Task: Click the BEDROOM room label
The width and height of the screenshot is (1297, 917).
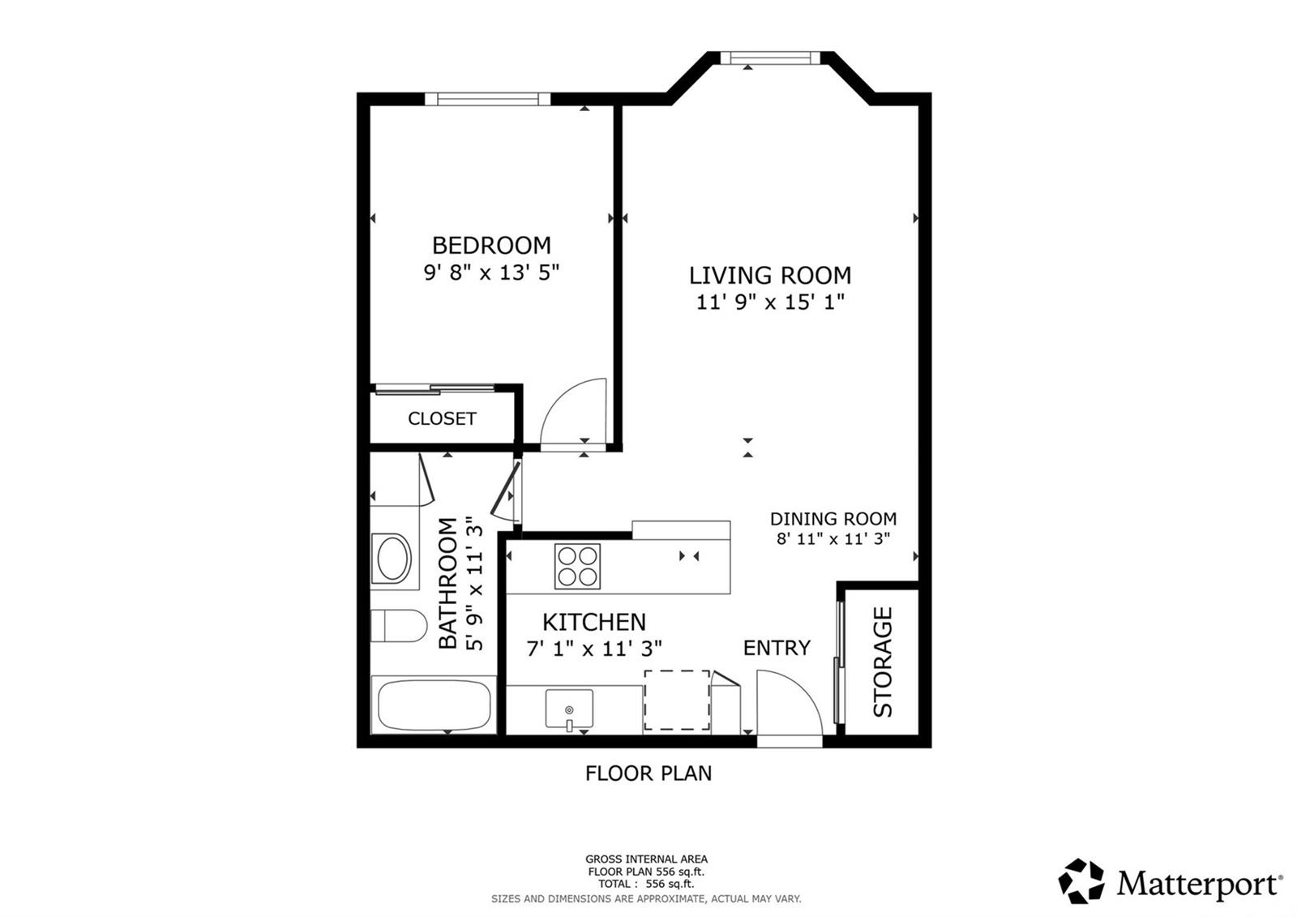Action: [491, 246]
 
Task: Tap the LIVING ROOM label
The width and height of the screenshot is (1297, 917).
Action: [770, 275]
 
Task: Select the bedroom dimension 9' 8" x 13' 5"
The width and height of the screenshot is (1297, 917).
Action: [491, 272]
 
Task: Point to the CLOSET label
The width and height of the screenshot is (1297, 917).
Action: [442, 418]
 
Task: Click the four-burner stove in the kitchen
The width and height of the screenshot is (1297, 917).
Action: [577, 566]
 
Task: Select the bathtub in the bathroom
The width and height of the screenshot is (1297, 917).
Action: [434, 705]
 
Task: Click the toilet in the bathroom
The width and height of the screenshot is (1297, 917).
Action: [398, 626]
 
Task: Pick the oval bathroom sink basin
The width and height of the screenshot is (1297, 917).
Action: [392, 559]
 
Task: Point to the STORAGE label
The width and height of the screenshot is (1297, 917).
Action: [883, 662]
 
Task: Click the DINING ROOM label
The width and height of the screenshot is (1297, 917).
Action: [833, 518]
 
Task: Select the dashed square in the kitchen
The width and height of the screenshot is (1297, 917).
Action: [677, 701]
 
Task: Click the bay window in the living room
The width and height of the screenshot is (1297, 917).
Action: [770, 58]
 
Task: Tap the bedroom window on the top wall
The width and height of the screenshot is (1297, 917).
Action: [487, 99]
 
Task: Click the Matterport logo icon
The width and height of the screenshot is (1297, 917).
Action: [1081, 881]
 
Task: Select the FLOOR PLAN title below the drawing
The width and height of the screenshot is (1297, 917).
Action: [648, 773]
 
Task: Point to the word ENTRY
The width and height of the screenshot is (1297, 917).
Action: [777, 648]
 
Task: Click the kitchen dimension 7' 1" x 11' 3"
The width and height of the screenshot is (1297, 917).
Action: [594, 649]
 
